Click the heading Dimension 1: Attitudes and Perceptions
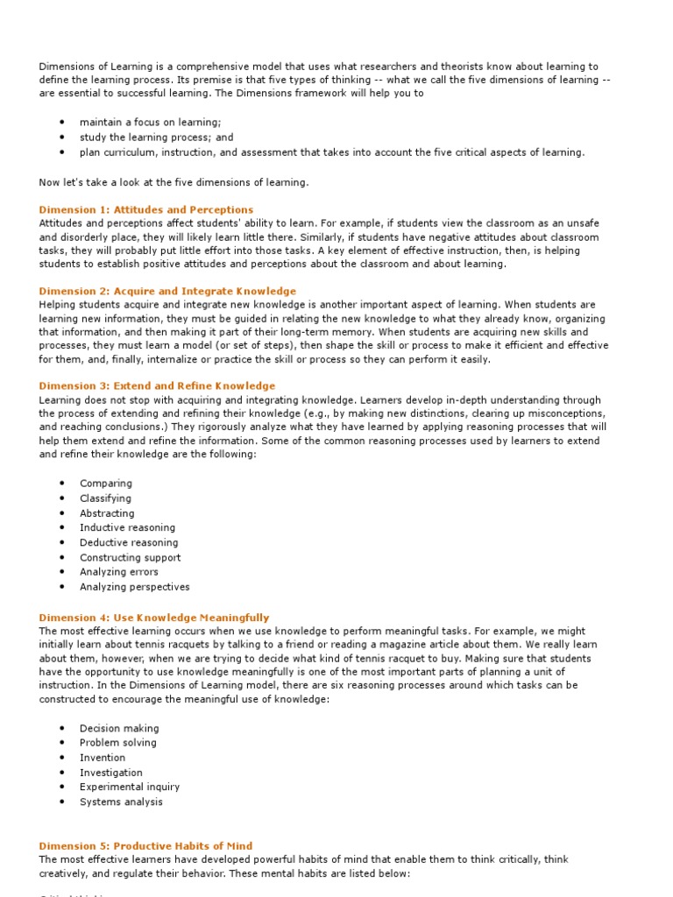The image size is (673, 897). tap(146, 209)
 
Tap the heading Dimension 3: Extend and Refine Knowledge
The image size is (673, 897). tap(157, 385)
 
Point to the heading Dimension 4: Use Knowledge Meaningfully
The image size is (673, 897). tap(154, 618)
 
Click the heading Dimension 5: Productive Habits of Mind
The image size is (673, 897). tap(145, 845)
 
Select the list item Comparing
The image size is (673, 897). tap(106, 484)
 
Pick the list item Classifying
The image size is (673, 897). tap(105, 498)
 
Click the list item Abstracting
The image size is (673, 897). tap(107, 513)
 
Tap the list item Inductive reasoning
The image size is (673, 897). tap(127, 527)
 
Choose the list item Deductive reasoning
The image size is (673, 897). tap(129, 542)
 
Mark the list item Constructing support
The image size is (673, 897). tap(130, 557)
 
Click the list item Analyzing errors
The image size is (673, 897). tap(119, 572)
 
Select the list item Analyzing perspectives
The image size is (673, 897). tap(134, 587)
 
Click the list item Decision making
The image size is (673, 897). tap(119, 728)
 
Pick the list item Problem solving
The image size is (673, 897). tap(118, 743)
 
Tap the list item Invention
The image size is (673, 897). tap(103, 758)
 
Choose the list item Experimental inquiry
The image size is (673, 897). tap(130, 787)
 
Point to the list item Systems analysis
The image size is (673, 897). tap(121, 802)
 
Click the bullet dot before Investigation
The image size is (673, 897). tap(62, 773)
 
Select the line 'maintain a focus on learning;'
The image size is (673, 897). tap(150, 123)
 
